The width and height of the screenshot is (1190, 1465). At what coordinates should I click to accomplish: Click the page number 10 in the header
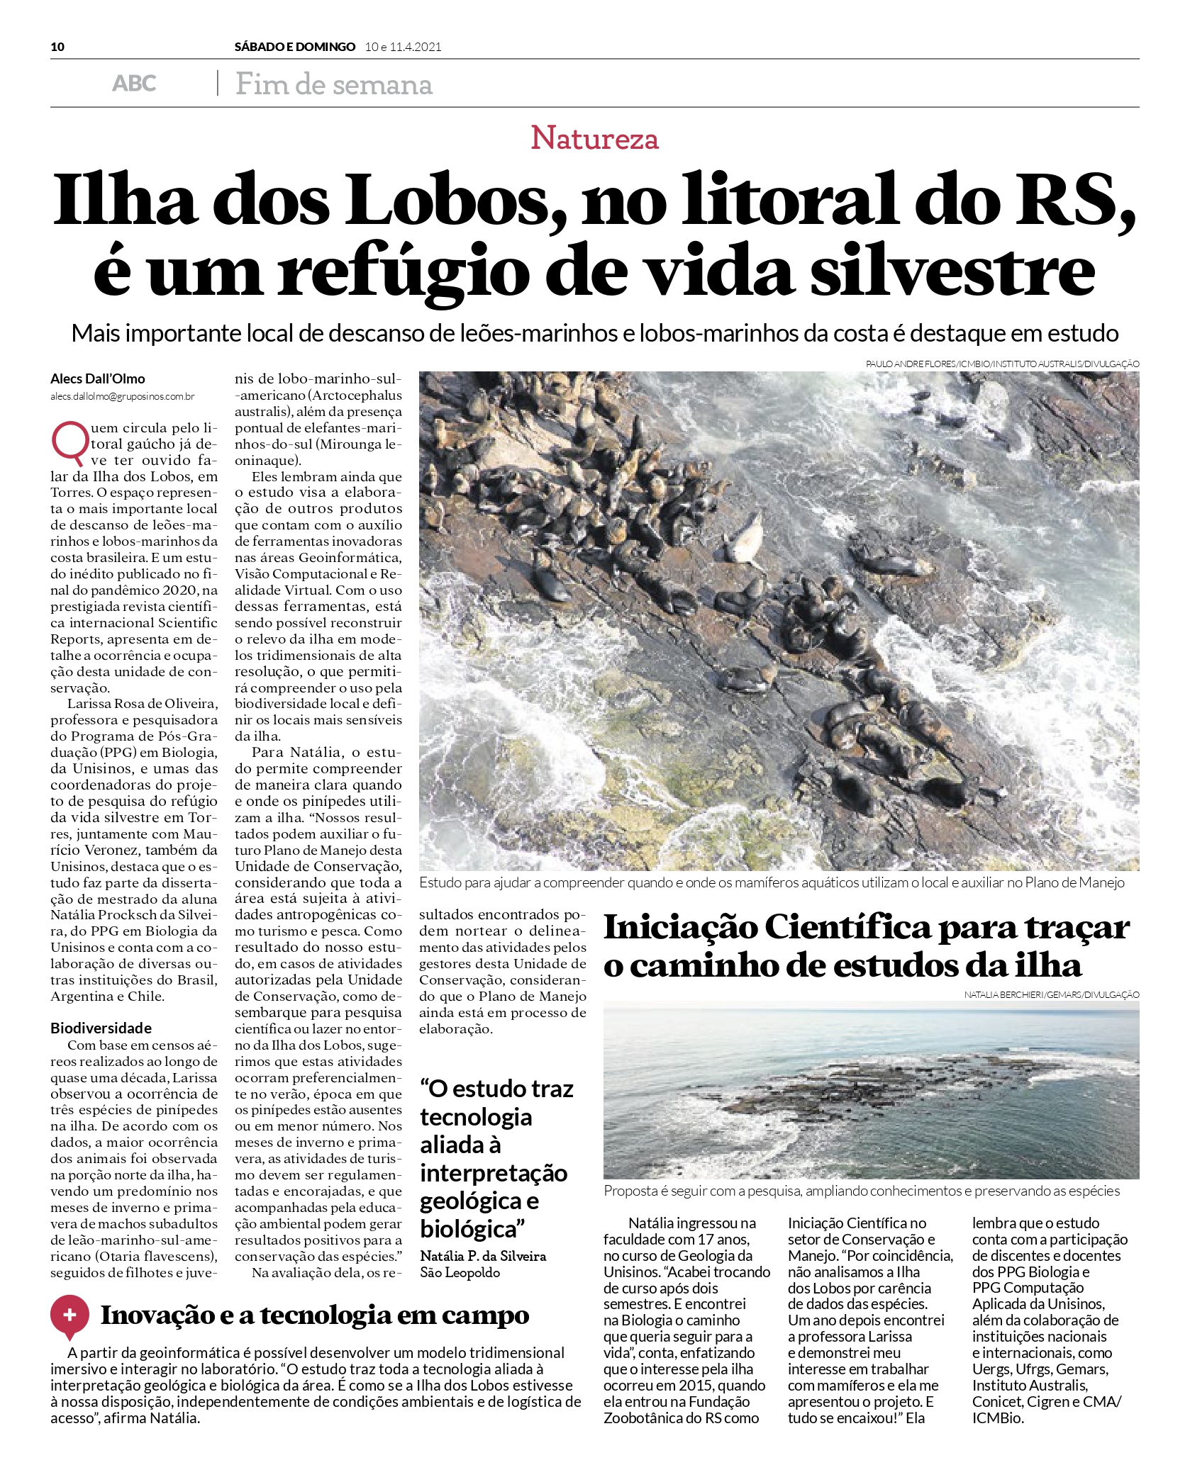pos(57,47)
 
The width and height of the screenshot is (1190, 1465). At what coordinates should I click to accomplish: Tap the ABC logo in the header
pos(134,84)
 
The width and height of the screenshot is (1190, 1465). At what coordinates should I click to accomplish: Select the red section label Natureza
pos(594,137)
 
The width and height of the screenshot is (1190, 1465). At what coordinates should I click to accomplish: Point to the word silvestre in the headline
pos(953,271)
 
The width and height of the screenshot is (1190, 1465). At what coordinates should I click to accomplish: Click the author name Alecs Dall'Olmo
pos(98,378)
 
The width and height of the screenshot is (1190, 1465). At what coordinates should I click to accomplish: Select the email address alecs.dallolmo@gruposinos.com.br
pos(122,397)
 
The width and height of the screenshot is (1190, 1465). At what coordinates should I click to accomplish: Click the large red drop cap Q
pos(69,440)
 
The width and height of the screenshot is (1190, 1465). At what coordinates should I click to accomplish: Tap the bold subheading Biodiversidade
pos(101,1028)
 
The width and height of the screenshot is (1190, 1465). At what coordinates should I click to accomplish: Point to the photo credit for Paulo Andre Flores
pos(1002,364)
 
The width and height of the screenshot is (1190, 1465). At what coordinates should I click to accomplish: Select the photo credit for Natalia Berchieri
pos(1051,994)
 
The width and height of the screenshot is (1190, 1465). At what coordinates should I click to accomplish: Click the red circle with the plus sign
pos(69,1315)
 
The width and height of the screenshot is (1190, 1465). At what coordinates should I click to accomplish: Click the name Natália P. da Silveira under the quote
pos(483,1256)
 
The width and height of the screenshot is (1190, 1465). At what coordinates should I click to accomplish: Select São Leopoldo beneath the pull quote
pos(460,1272)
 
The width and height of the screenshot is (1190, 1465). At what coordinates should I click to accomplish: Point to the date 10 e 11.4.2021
pos(403,47)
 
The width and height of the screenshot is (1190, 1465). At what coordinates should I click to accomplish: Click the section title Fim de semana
pos(334,84)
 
